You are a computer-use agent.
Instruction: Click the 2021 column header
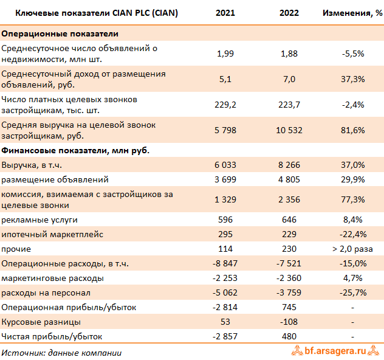[x=226, y=12]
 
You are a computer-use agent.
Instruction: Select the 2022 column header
[x=289, y=12]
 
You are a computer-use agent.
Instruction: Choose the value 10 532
[x=289, y=130]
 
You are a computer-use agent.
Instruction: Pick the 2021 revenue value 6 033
[x=226, y=165]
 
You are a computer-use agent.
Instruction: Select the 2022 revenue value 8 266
[x=289, y=165]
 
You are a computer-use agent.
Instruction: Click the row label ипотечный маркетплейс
[x=53, y=234]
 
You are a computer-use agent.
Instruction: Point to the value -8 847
[x=226, y=263]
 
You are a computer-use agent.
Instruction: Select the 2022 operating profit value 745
[x=289, y=307]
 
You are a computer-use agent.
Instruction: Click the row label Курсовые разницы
[x=41, y=322]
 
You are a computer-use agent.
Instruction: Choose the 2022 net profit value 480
[x=289, y=336]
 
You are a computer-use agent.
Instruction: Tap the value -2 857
[x=226, y=336]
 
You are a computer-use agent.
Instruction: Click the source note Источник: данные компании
[x=61, y=352]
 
